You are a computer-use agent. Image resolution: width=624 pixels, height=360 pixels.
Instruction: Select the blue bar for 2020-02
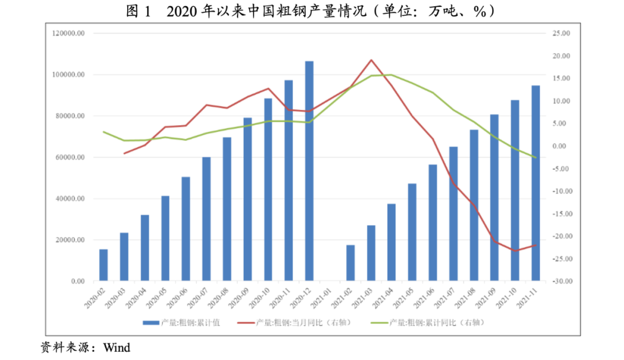tap(103, 265)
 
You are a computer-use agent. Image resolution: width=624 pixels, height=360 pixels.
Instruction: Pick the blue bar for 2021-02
tap(350, 263)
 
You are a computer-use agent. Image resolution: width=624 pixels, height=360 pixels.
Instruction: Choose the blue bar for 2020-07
tap(206, 219)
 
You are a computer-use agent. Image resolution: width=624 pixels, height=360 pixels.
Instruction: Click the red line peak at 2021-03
tap(371, 60)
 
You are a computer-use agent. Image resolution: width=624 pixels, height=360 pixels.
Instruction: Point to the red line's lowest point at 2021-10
tap(515, 251)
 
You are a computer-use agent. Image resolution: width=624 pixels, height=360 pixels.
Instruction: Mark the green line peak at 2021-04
tap(392, 75)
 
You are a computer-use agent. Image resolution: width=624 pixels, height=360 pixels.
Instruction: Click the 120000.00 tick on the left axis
tap(68, 34)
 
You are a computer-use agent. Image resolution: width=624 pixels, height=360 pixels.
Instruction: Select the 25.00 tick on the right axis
tap(562, 34)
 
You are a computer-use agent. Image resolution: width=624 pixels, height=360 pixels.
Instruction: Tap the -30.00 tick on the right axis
tap(562, 281)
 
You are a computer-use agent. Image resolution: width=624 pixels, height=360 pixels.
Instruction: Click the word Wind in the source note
tap(117, 347)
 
